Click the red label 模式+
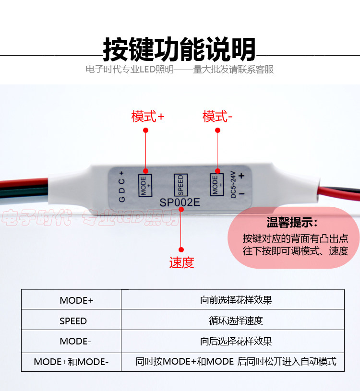click(x=147, y=116)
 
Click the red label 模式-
click(x=217, y=116)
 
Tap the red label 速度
click(x=181, y=262)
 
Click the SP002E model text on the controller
click(x=180, y=202)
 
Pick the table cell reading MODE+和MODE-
click(x=71, y=362)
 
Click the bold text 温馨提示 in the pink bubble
click(x=292, y=223)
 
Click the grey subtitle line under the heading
click(x=180, y=70)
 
